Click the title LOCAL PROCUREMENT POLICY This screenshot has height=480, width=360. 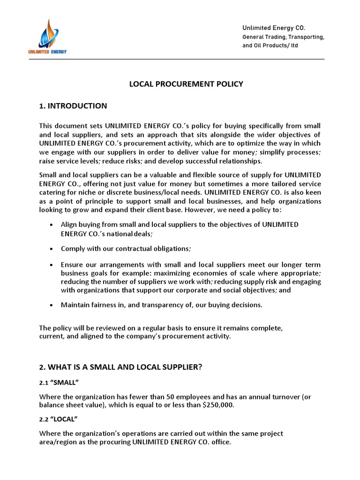[186, 84]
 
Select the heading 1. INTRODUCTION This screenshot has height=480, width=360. [73, 106]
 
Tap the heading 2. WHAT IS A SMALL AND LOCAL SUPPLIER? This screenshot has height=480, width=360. [120, 367]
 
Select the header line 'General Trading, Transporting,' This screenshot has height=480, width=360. [283, 37]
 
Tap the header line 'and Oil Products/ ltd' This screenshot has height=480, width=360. [270, 45]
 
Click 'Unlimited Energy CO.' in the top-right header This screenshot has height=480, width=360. [274, 28]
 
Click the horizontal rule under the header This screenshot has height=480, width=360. [182, 60]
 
